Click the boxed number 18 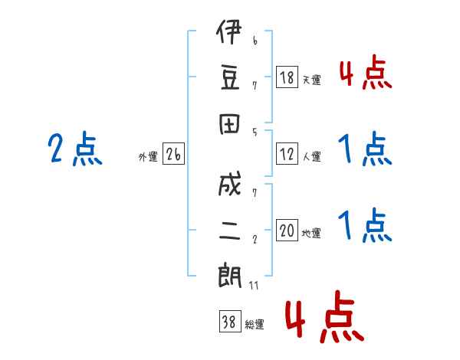click(287, 77)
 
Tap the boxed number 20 click(287, 231)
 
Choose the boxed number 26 click(173, 155)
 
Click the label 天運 click(312, 80)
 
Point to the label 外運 click(147, 157)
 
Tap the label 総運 click(255, 325)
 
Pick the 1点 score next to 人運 click(365, 149)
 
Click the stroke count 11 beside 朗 click(255, 285)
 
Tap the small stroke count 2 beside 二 click(254, 238)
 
